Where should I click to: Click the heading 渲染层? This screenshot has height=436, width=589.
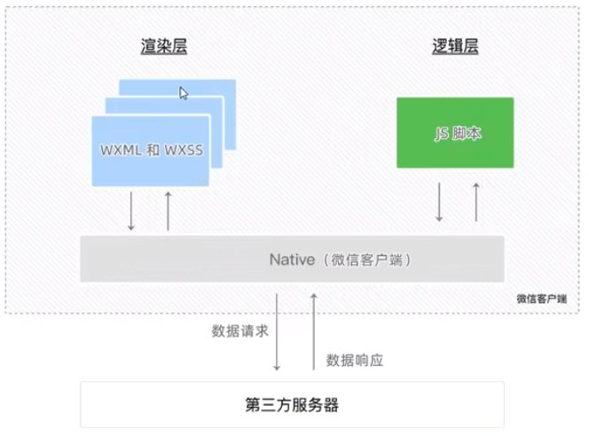click(163, 47)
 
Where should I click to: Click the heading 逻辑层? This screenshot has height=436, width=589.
click(454, 47)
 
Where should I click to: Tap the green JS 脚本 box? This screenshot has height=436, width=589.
click(455, 133)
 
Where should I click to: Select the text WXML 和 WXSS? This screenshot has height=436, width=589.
click(151, 150)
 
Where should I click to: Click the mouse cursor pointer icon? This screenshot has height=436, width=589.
click(184, 93)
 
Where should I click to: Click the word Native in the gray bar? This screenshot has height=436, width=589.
click(292, 261)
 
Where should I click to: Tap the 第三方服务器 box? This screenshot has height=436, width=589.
click(292, 405)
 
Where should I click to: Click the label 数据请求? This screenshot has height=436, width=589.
click(240, 331)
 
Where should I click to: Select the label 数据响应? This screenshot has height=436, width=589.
click(355, 360)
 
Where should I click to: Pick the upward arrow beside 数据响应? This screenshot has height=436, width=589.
click(313, 331)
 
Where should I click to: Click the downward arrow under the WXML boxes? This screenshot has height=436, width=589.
click(131, 211)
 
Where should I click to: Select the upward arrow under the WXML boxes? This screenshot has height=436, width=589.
click(168, 211)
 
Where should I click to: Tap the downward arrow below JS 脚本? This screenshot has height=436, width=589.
click(439, 202)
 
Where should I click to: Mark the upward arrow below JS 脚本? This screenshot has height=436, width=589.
click(476, 202)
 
